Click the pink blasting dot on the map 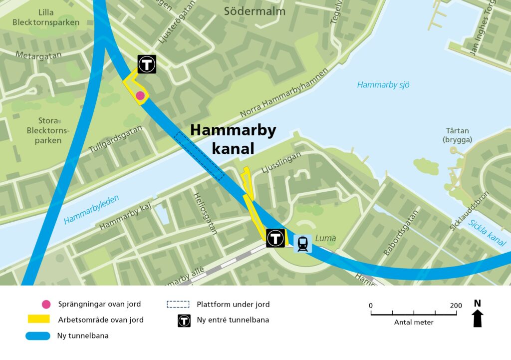click(140, 95)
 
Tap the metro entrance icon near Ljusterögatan click(147, 64)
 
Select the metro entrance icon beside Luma click(275, 238)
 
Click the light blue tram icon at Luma click(302, 244)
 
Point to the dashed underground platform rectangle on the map click(199, 156)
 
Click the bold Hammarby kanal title click(233, 139)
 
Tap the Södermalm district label click(255, 11)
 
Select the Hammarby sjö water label click(383, 85)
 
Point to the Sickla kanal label click(488, 232)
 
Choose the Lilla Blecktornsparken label click(46, 17)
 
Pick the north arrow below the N click(478, 318)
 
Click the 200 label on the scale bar click(456, 306)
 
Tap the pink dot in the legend click(46, 304)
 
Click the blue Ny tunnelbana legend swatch click(38, 336)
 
